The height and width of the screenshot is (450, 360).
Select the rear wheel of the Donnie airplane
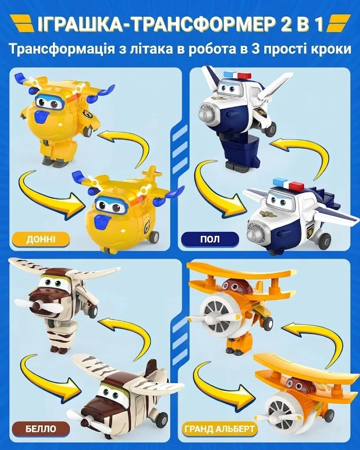point(154,237)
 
